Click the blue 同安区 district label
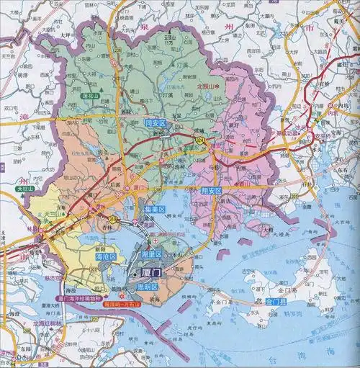(156, 123)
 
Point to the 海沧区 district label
(105, 256)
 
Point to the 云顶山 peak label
(171, 38)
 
